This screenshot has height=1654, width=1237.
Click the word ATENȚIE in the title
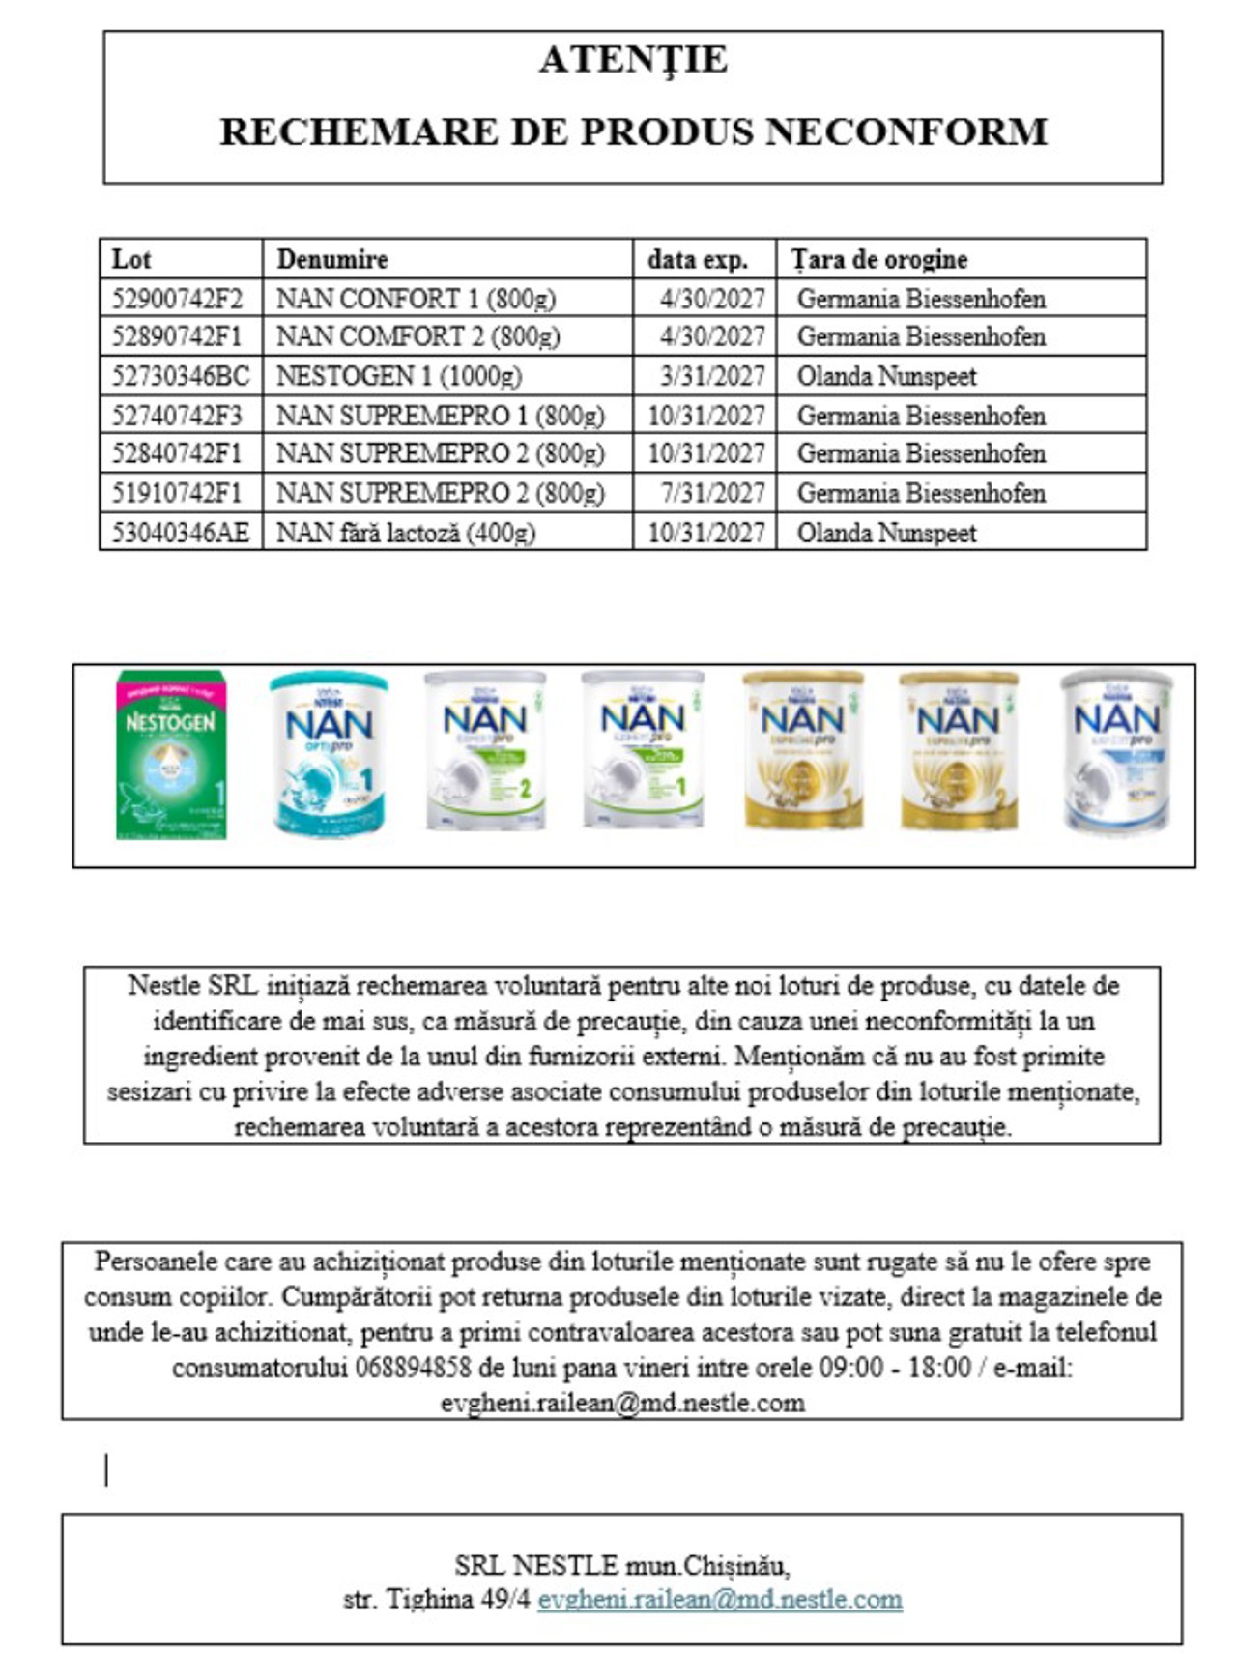point(633,60)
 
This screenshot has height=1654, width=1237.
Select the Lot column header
point(131,259)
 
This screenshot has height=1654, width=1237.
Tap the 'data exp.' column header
point(697,259)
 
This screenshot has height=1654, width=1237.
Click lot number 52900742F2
point(177,298)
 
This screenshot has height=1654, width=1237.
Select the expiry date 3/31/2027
point(712,376)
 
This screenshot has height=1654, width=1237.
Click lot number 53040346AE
point(180,533)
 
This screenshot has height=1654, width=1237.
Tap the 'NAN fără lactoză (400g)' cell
point(406,533)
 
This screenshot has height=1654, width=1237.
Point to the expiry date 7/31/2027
point(712,493)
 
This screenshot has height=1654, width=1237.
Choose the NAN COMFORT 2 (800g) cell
point(417,336)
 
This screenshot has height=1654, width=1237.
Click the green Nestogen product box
point(171,755)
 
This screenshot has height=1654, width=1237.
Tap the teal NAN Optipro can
point(329,755)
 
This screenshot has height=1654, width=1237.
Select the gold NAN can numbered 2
point(959,752)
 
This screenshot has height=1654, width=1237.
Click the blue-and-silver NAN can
point(1116,752)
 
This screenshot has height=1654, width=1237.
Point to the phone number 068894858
point(413,1367)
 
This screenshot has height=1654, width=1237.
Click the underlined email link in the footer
point(720,1599)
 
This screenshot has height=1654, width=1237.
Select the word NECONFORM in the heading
point(906,131)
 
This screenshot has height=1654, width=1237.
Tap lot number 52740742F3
point(177,416)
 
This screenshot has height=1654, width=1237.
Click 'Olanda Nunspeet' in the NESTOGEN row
point(886,376)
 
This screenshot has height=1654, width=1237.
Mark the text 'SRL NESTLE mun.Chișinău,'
point(621,1564)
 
